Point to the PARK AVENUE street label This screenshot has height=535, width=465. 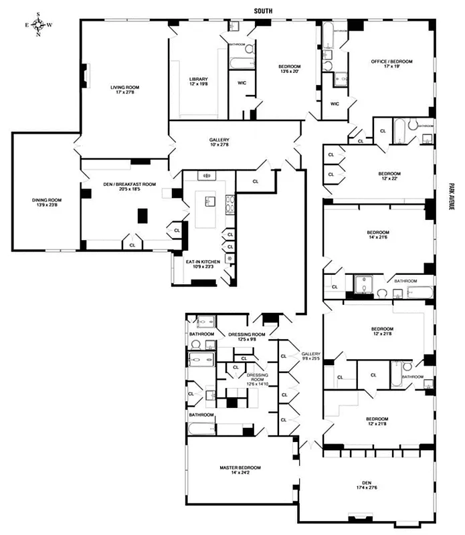[x=452, y=198]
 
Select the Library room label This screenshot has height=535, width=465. [x=198, y=81]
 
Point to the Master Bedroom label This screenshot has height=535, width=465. [x=240, y=470]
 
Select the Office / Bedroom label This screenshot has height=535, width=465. [x=391, y=64]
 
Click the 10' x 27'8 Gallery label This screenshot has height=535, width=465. [x=219, y=142]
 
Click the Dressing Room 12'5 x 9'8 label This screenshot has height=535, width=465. [x=246, y=336]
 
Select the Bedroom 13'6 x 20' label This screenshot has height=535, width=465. [x=289, y=70]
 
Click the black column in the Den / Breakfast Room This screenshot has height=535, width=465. [x=142, y=215]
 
